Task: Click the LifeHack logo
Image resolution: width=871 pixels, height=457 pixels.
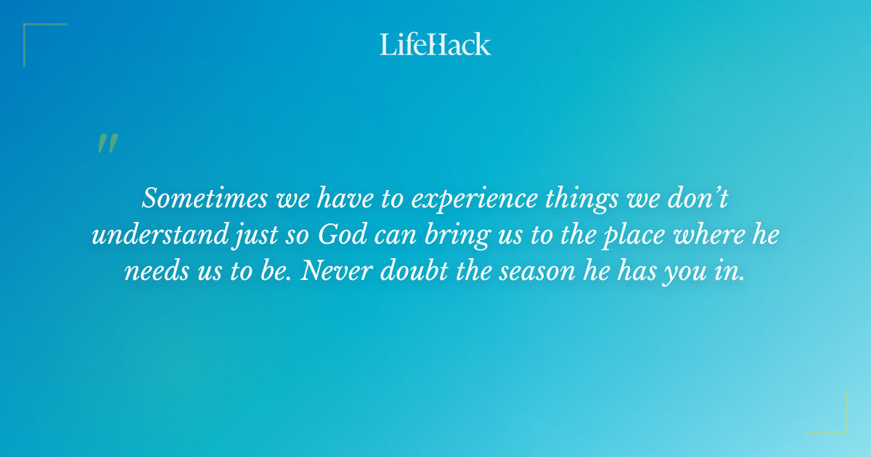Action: pos(435,44)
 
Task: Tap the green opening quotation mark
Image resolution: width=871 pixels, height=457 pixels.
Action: pos(107,144)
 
